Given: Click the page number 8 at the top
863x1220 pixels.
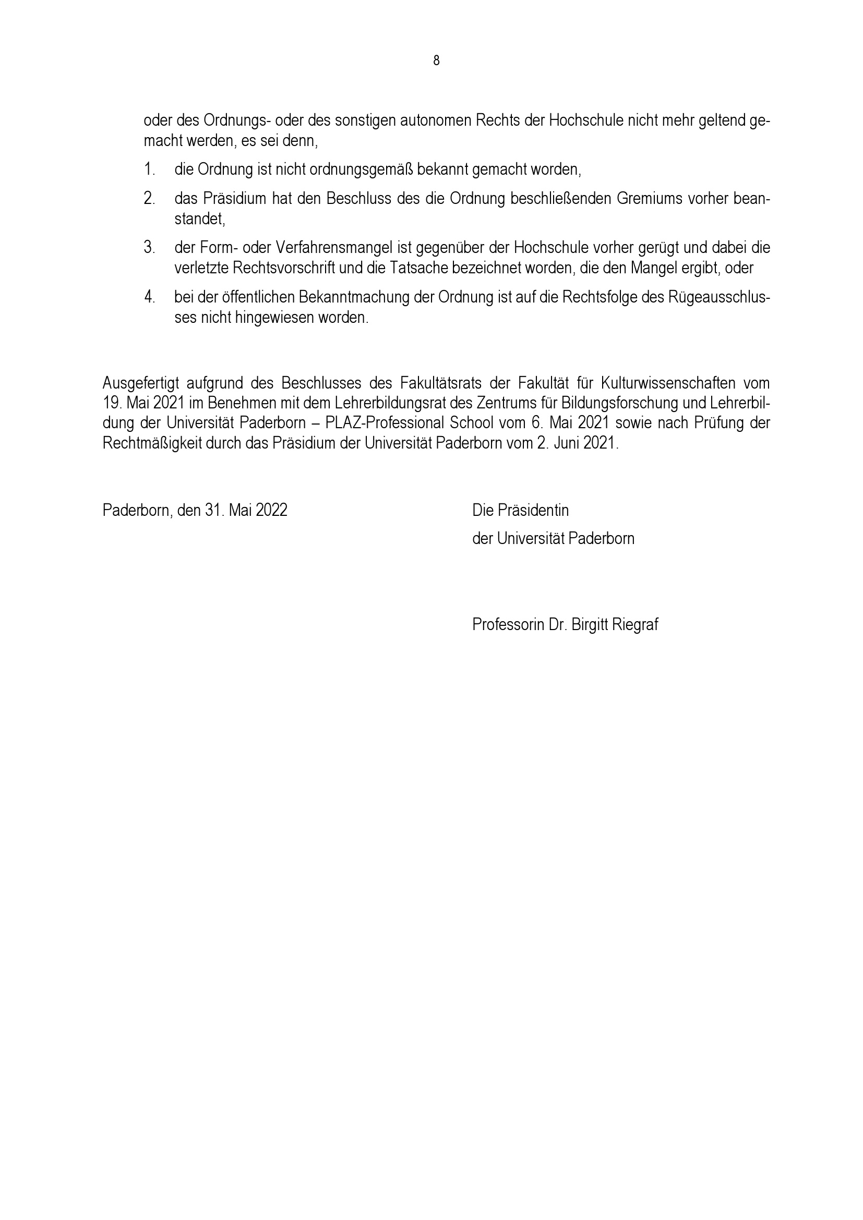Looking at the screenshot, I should (x=436, y=61).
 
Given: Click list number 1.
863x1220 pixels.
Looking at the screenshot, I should (x=149, y=170).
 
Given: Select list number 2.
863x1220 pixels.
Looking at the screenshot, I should (x=149, y=199).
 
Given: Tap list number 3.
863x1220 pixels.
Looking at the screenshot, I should (x=149, y=248).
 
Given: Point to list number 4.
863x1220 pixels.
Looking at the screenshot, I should (x=149, y=297).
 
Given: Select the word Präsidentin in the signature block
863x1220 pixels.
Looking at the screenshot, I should (x=533, y=511).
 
